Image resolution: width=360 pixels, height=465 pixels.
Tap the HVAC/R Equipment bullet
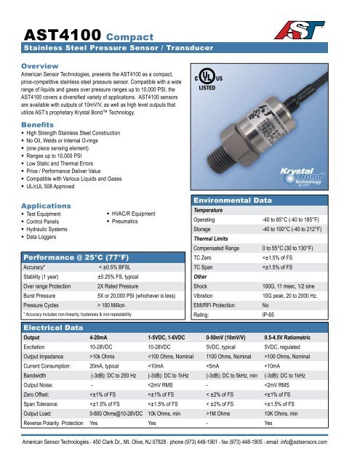point(136,214)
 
